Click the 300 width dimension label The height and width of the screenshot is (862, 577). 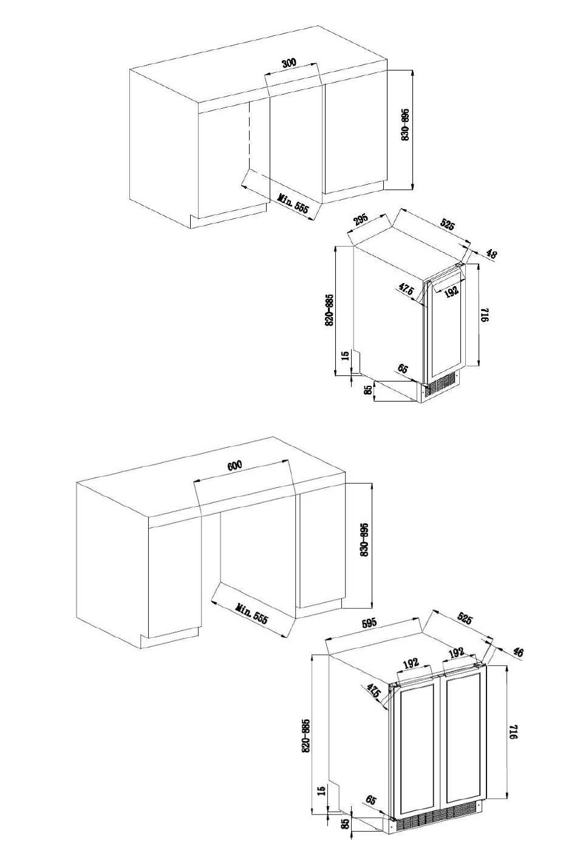point(289,63)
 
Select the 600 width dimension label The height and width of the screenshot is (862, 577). point(234,466)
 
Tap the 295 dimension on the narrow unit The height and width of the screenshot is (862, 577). point(360,219)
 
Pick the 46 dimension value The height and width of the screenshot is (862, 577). point(518,652)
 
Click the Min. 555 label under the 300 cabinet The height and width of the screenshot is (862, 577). point(293,203)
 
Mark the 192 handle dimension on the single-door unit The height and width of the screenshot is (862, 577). point(451,291)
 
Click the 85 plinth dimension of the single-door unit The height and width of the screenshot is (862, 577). point(368,390)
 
